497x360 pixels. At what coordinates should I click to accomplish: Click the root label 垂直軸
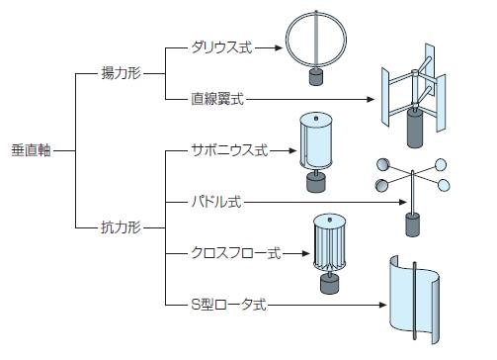click(x=31, y=150)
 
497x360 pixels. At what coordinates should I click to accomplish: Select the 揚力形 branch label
click(x=122, y=73)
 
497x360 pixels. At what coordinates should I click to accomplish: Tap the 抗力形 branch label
click(x=122, y=227)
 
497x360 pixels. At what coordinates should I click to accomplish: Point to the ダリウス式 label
click(x=221, y=47)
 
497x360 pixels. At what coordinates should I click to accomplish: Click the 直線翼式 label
click(x=217, y=99)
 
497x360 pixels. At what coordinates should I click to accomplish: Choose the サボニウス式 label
click(x=230, y=150)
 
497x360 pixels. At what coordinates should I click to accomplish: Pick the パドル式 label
click(x=216, y=202)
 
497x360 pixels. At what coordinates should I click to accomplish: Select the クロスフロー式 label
click(x=236, y=253)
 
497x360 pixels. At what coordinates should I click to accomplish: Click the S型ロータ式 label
click(x=228, y=305)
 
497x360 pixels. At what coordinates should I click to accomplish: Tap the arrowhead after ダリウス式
click(x=279, y=47)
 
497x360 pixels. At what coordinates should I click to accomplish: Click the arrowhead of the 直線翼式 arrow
click(x=371, y=99)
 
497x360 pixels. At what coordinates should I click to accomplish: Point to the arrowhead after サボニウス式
click(x=292, y=150)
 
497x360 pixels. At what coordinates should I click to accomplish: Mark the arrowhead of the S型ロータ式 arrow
click(x=382, y=305)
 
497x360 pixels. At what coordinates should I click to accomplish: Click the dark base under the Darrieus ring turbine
click(x=316, y=77)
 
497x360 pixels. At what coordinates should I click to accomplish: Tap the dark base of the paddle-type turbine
click(x=412, y=225)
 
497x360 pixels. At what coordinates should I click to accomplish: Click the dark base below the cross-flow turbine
click(x=329, y=284)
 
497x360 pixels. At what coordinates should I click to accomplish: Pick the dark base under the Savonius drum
click(x=316, y=182)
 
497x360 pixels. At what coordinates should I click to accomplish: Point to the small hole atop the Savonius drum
click(x=316, y=119)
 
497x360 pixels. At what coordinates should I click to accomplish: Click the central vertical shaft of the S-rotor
click(x=415, y=301)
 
